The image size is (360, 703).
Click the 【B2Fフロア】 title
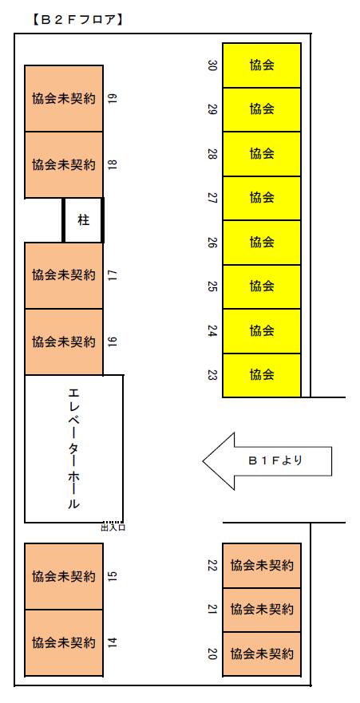(77, 20)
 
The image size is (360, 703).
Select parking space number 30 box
(262, 65)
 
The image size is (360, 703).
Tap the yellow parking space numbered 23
(262, 375)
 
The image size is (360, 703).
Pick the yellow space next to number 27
(262, 198)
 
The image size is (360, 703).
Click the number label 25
(212, 286)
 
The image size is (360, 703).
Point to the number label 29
(212, 109)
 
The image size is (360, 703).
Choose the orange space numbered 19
(64, 99)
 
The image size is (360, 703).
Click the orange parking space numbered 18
(64, 164)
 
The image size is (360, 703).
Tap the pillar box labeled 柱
(83, 220)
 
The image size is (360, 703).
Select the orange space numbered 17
(64, 275)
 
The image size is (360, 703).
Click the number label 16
(113, 342)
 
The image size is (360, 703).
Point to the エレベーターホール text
(74, 448)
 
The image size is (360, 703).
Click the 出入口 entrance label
(113, 527)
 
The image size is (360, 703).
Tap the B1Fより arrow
(267, 461)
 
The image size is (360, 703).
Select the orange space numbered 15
(64, 577)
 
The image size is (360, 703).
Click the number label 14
(113, 643)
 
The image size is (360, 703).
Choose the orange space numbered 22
(262, 566)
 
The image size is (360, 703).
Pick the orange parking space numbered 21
(262, 610)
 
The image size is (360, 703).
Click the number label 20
(212, 654)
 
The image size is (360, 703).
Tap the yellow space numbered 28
(262, 154)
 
